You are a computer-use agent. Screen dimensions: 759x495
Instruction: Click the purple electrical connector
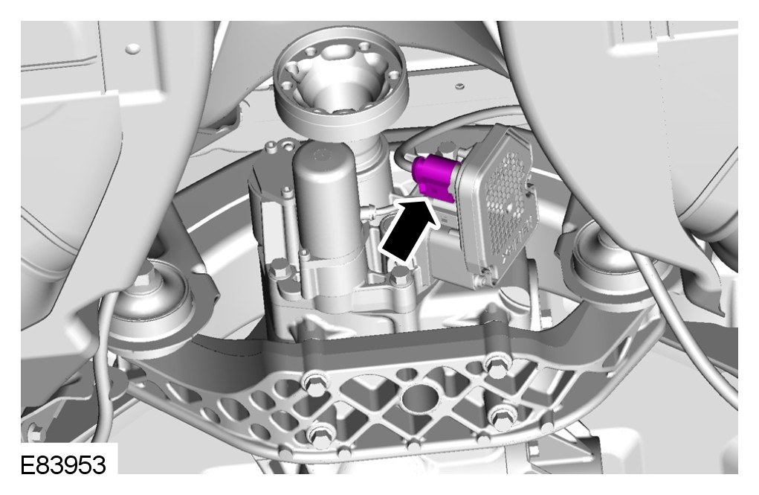(433, 179)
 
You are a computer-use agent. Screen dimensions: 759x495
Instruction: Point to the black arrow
(410, 229)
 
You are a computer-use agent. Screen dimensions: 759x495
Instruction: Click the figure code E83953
(63, 465)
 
